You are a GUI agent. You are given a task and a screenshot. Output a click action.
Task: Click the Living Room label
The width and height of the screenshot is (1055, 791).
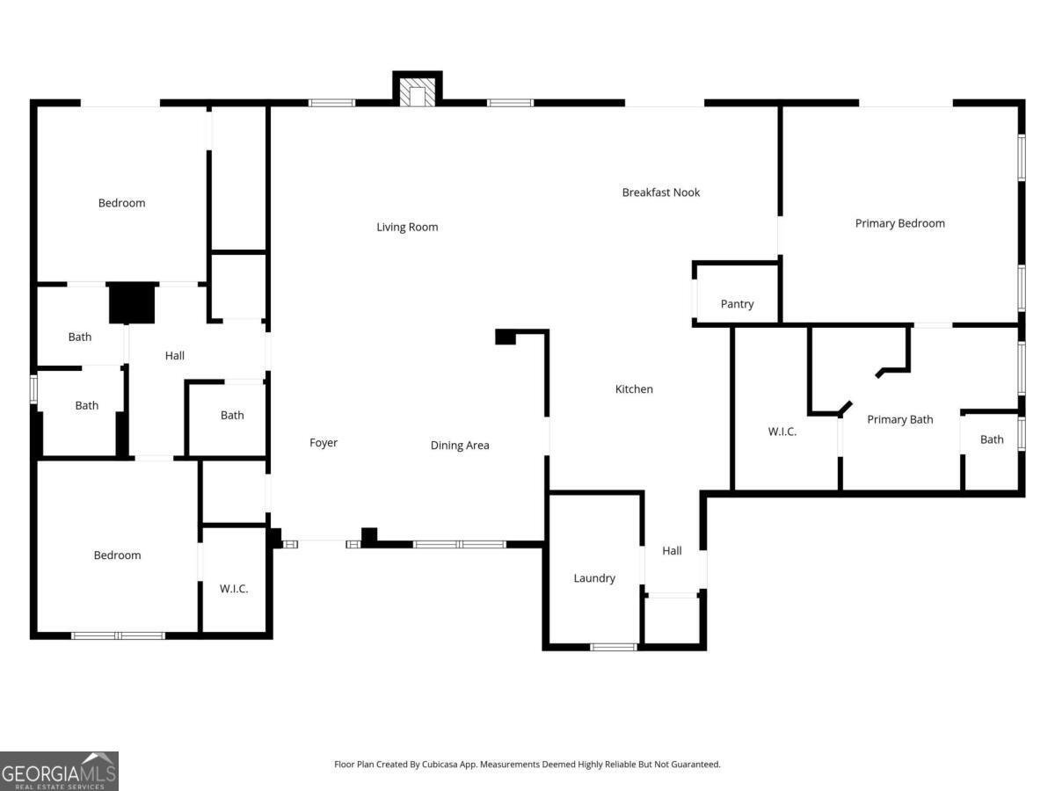[x=407, y=227]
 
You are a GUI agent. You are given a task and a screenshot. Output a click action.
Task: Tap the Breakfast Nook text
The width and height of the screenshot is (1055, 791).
[x=661, y=192]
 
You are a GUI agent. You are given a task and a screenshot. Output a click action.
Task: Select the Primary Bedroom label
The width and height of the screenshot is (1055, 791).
[x=899, y=223]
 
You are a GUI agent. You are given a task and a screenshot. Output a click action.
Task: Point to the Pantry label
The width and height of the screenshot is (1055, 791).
[x=737, y=304]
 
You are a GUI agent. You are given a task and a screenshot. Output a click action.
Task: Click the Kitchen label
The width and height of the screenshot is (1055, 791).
[x=634, y=389]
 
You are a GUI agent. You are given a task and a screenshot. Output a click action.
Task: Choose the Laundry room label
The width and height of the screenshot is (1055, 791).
[x=594, y=578]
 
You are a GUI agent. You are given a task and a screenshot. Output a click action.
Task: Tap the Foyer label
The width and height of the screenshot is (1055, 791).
[x=323, y=443]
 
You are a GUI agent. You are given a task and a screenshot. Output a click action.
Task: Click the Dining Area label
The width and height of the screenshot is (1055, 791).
[x=460, y=446]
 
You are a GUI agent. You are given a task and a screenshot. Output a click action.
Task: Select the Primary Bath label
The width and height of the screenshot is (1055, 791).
[x=899, y=420]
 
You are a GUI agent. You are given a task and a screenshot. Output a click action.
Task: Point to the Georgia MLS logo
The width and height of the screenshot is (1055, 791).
[x=59, y=772]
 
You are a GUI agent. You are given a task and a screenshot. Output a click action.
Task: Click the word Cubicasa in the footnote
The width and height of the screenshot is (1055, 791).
[x=440, y=764]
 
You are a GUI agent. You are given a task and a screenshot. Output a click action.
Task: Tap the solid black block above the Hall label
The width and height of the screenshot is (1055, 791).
[x=132, y=302]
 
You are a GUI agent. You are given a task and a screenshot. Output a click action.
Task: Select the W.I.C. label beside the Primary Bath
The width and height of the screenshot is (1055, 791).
[x=782, y=432]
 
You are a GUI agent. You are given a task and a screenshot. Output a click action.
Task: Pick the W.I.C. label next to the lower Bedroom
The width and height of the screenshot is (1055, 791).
[x=234, y=589]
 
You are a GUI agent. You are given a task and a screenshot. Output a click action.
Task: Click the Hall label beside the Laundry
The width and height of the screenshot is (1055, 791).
[x=672, y=551]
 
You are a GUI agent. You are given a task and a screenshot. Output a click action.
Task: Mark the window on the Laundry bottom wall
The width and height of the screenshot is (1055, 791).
[x=614, y=647]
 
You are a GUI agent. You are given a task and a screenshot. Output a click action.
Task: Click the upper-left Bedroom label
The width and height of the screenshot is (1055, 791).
[x=121, y=203]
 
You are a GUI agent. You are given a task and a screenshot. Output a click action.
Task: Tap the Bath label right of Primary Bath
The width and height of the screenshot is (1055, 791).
[x=992, y=439]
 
